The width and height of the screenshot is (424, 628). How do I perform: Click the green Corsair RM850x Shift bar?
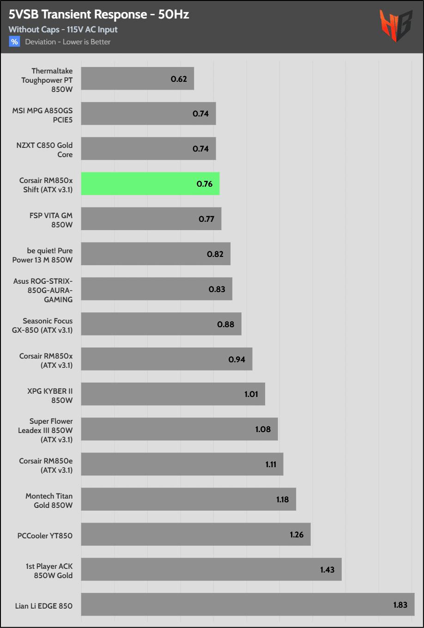(x=150, y=183)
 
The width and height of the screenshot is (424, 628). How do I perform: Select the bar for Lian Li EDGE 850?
(x=248, y=604)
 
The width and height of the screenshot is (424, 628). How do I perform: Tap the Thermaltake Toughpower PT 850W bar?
(x=137, y=79)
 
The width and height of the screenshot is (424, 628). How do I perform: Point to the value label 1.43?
(x=327, y=570)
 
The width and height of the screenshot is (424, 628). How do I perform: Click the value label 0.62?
(x=179, y=79)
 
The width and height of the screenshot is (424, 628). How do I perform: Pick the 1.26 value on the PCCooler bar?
(x=297, y=535)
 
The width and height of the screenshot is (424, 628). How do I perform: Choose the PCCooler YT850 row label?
(x=45, y=536)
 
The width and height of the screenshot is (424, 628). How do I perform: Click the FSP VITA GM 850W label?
(x=51, y=220)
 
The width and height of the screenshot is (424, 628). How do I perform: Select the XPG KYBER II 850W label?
(x=50, y=396)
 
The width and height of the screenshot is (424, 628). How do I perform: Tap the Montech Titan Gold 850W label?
(x=49, y=500)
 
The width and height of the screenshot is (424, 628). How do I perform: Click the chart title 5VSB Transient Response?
(x=99, y=15)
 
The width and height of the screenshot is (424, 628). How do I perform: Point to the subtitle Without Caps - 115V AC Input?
(x=63, y=30)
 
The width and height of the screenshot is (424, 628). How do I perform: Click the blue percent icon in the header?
(x=14, y=42)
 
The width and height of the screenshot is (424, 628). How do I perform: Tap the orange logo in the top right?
(x=395, y=25)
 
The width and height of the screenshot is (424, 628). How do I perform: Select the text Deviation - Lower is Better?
(x=68, y=42)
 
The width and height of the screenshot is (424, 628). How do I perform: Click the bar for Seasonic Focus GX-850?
(x=161, y=324)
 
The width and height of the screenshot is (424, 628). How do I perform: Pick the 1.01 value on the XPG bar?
(x=251, y=394)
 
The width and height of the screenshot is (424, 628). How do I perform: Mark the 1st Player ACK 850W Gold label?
(x=49, y=571)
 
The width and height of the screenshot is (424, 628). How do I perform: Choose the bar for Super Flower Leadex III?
(x=179, y=429)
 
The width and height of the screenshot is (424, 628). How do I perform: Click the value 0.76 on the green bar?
(x=205, y=184)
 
